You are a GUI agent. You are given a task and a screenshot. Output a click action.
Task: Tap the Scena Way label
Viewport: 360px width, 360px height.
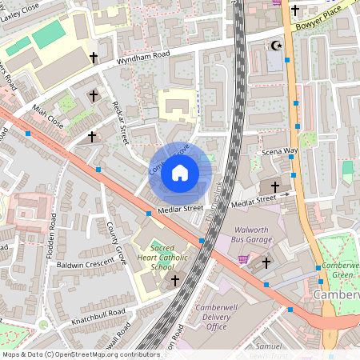click(x=280, y=151)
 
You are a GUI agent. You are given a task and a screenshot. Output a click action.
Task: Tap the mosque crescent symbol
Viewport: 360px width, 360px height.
click(x=277, y=46)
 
